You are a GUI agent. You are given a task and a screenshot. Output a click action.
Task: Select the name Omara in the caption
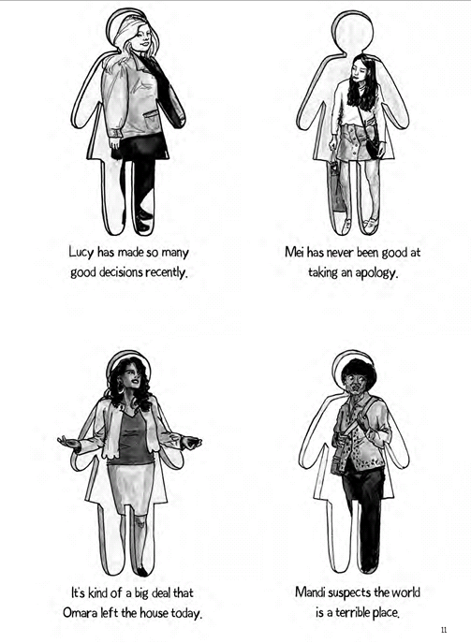(x=78, y=613)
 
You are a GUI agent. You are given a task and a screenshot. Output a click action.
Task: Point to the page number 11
(x=444, y=630)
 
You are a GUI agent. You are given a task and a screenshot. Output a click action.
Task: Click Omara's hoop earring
(x=120, y=387)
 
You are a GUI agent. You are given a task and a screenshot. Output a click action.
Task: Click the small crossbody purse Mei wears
(x=373, y=146)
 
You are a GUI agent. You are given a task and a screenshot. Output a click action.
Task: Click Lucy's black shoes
(x=141, y=221)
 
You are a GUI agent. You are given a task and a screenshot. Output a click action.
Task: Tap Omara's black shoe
(x=142, y=571)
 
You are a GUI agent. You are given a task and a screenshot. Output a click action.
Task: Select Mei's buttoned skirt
(x=355, y=142)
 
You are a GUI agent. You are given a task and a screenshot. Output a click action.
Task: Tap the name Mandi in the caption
(x=310, y=592)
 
